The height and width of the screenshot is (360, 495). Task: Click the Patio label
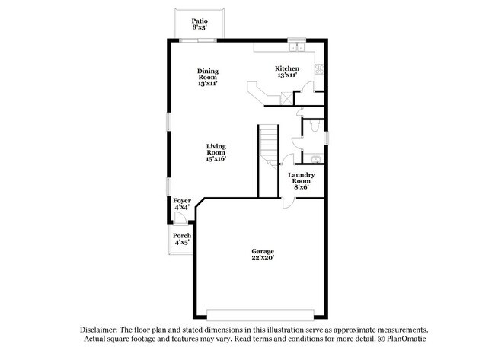tap(200, 24)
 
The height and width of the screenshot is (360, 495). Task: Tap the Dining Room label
tap(208, 77)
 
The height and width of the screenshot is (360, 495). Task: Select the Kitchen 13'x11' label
tap(287, 72)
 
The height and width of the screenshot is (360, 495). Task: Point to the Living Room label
tap(216, 151)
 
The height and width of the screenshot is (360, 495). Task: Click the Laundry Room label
tap(300, 180)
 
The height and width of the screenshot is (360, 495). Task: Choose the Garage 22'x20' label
tap(263, 254)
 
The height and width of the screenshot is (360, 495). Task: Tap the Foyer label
tap(182, 204)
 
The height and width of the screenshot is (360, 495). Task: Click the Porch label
tap(181, 240)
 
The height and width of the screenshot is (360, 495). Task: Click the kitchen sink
tap(299, 47)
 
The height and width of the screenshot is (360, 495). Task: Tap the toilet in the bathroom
tap(315, 158)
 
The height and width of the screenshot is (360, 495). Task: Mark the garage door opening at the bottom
tap(260, 314)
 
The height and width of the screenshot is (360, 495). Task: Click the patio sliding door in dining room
tap(200, 40)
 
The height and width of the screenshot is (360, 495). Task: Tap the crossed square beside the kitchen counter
tap(286, 97)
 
